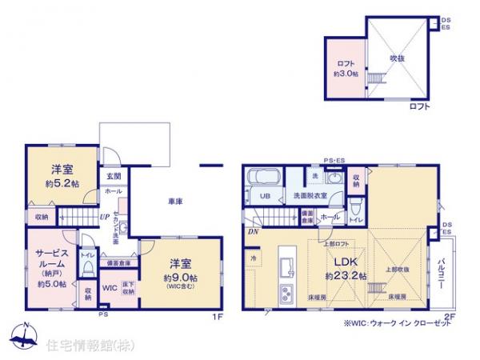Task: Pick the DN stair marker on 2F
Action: pos(253,231)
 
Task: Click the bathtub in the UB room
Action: pos(262,180)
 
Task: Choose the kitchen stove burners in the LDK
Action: pos(285,290)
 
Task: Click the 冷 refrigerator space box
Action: pos(254,258)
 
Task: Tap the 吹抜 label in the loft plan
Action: pos(398,58)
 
